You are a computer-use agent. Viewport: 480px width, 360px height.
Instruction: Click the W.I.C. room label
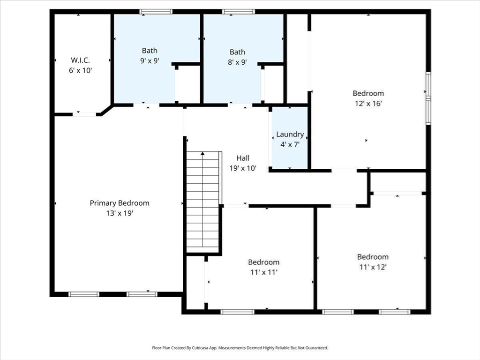80,60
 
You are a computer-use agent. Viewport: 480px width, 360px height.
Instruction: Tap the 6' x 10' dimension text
80,70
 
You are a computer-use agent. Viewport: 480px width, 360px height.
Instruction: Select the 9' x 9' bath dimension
150,60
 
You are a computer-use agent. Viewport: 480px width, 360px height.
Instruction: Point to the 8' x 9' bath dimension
237,62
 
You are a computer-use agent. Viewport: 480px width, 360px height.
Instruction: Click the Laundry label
290,135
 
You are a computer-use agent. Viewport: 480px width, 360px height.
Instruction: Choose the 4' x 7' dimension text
290,144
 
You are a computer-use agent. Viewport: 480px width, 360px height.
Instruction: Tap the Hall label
243,158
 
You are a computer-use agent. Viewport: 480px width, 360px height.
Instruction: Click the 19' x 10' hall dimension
243,168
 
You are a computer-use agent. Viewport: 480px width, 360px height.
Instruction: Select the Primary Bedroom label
120,203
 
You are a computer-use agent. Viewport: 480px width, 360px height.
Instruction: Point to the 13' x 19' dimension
120,213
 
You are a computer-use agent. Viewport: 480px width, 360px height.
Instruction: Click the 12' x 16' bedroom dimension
368,104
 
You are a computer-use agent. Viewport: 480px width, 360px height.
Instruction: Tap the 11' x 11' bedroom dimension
263,272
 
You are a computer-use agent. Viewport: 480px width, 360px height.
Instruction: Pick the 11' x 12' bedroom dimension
373,267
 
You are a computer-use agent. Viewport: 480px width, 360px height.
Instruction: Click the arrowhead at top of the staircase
202,153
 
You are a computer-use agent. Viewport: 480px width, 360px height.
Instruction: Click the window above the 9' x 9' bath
156,12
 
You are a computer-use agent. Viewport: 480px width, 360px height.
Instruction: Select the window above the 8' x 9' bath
239,12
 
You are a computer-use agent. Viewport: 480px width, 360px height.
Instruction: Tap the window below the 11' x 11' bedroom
237,312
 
